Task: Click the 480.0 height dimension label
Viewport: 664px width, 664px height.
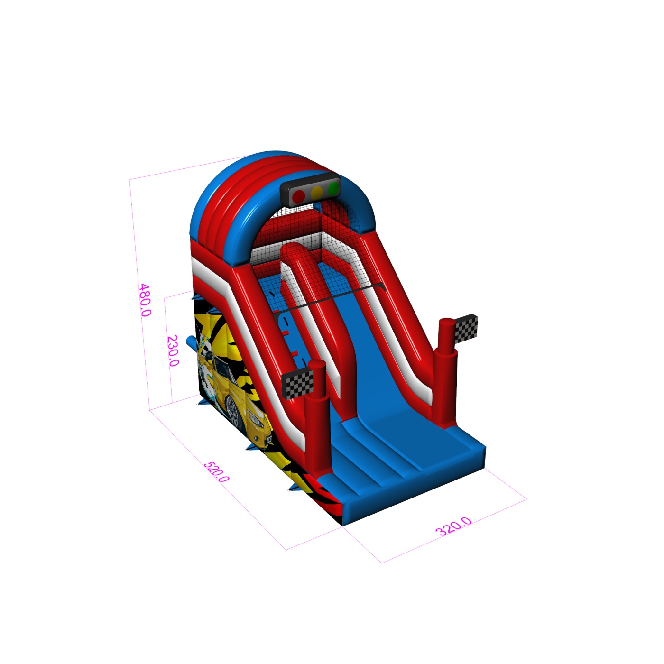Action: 145,300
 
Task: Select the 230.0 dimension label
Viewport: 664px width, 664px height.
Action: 173,350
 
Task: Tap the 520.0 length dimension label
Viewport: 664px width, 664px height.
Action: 216,472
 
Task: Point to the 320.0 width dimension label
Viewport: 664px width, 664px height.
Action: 453,526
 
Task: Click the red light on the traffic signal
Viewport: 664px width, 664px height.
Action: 299,196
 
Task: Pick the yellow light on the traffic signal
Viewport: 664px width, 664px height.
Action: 317,192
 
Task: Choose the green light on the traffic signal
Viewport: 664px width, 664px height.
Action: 333,188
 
